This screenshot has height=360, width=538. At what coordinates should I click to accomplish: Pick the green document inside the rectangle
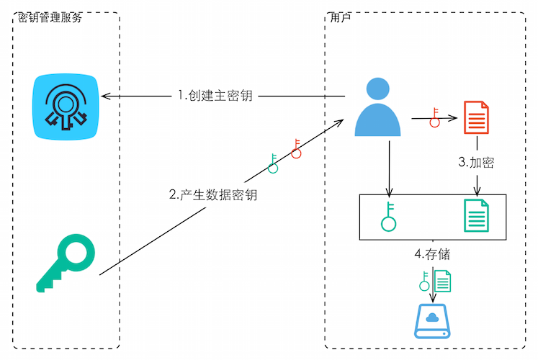coord(475,216)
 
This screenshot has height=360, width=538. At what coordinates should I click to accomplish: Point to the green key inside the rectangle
coord(389,216)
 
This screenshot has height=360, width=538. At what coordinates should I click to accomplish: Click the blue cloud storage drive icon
coord(432,322)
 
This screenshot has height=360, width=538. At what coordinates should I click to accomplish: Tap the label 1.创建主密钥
coord(215,96)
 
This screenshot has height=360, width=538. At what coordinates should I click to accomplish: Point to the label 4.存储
coord(433,254)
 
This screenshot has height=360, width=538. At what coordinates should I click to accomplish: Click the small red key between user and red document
coord(434,117)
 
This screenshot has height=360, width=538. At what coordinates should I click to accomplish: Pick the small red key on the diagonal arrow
coord(296,148)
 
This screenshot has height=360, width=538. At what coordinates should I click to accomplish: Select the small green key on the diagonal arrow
coord(273,163)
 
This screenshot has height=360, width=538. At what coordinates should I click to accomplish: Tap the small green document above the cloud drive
coord(443,279)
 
